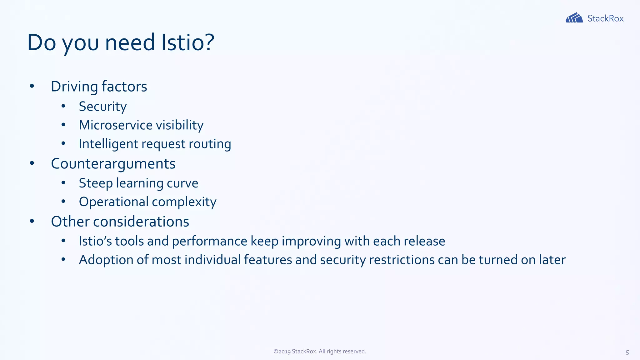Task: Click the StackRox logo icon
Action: pos(574,18)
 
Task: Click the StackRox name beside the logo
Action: pos(605,18)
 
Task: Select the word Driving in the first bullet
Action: pos(74,87)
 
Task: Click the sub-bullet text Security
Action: pos(102,107)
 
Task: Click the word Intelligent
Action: pos(108,144)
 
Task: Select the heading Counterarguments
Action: pos(113,164)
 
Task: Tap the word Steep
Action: pos(95,183)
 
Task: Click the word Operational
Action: pos(113,202)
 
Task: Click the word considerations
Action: pos(141,222)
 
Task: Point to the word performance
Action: pos(209,241)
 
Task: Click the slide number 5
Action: pos(627,352)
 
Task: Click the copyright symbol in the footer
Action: pos(276,351)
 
